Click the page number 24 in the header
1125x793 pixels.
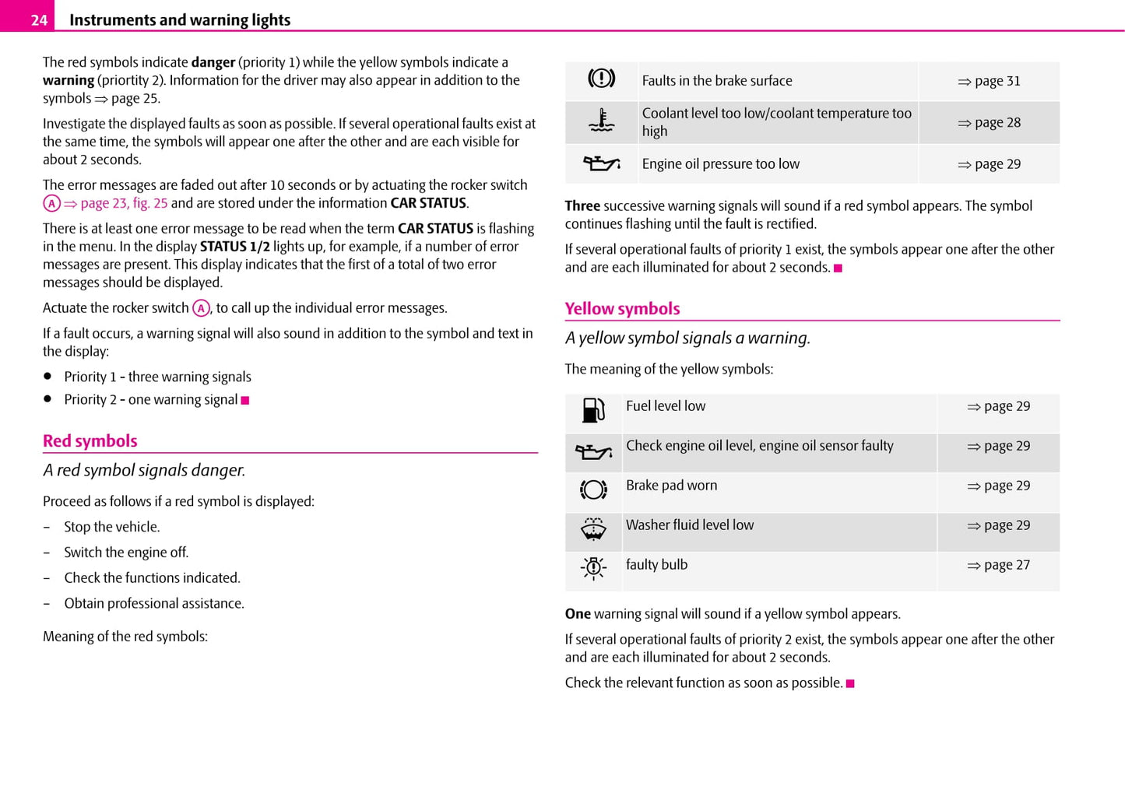39,20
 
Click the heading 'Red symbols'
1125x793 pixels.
90,441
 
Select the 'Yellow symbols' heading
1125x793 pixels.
622,309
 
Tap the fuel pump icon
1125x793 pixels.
593,410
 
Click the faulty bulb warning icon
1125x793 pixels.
593,568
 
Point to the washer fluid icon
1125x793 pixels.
593,529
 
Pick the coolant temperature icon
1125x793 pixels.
601,121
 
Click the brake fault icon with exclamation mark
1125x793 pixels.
601,79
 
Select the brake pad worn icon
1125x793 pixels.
593,489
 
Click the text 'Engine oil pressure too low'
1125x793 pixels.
720,164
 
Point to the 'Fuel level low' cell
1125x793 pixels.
666,406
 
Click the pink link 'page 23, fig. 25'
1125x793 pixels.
124,203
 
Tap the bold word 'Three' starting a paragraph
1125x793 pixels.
582,206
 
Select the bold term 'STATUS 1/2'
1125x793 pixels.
234,247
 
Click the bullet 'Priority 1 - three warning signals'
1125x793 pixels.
157,377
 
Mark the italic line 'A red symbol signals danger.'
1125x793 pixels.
144,470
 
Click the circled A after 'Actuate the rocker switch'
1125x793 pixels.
201,308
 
